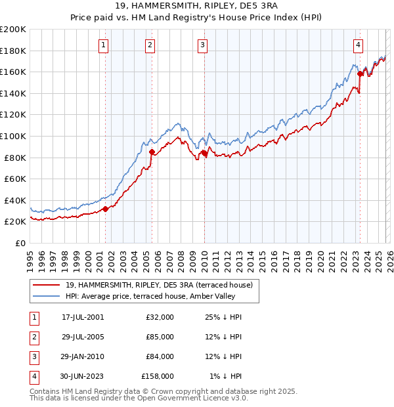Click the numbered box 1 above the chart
pyautogui.click(x=104, y=45)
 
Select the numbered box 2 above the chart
pyautogui.click(x=150, y=45)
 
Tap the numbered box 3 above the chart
pyautogui.click(x=202, y=45)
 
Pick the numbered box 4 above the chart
pyautogui.click(x=358, y=45)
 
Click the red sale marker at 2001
pyautogui.click(x=105, y=209)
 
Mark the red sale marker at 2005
pyautogui.click(x=152, y=152)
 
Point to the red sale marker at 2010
pyautogui.click(x=204, y=154)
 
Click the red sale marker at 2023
pyautogui.click(x=360, y=74)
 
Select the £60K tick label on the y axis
pyautogui.click(x=14, y=179)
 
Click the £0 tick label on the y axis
pyautogui.click(x=20, y=243)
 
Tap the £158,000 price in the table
pyautogui.click(x=158, y=376)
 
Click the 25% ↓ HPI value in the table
pyautogui.click(x=225, y=317)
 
